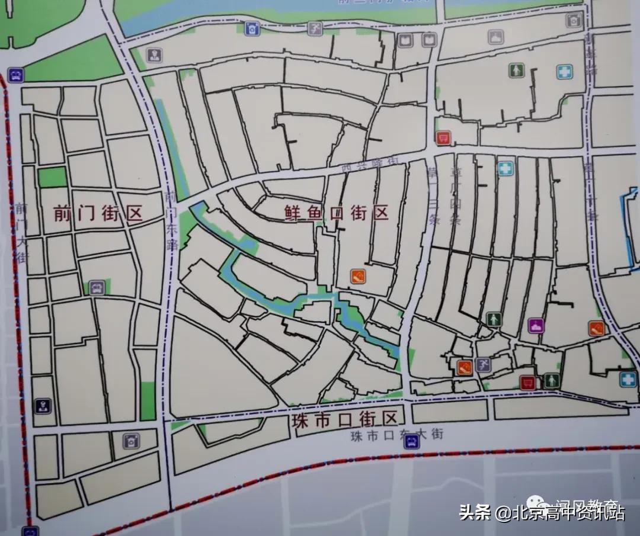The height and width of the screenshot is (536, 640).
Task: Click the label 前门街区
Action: point(98,213)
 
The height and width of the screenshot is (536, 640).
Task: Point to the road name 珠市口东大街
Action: point(396,435)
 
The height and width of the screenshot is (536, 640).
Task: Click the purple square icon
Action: point(536,325)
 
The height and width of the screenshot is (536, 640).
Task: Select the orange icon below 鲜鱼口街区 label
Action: point(357,275)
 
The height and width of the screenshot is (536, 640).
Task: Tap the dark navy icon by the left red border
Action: point(43,406)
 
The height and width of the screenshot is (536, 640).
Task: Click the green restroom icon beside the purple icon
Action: point(493,319)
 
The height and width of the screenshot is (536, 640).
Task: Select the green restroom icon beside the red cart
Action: point(552,380)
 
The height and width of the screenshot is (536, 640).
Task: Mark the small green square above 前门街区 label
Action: point(53,177)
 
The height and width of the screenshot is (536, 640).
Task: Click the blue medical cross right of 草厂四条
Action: point(505,169)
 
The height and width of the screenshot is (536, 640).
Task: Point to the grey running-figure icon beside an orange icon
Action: point(483,365)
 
